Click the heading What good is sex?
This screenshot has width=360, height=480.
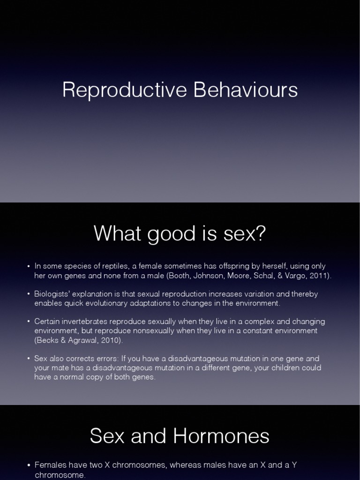(x=180, y=234)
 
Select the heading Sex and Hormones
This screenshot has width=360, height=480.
(x=180, y=436)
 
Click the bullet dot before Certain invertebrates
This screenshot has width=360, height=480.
(x=28, y=322)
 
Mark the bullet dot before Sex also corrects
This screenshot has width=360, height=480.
(x=28, y=359)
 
